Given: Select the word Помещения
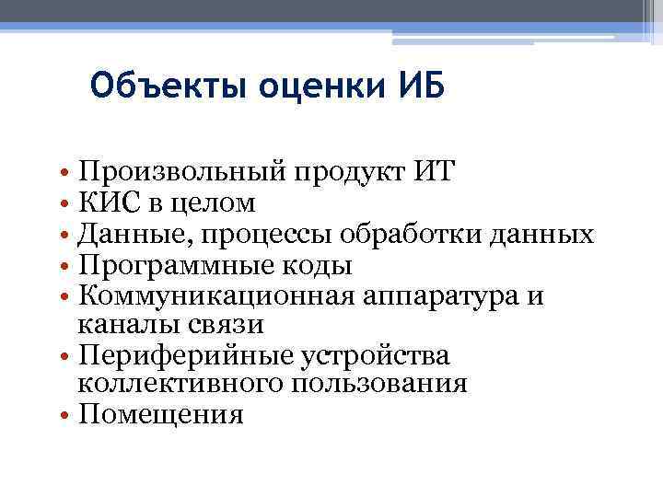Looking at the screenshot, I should tap(161, 415).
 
